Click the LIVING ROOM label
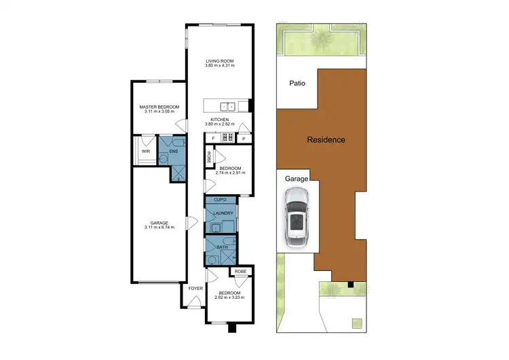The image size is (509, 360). (x=219, y=62)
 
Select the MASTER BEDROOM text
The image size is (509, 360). (x=159, y=107)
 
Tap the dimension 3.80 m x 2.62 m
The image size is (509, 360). (x=219, y=124)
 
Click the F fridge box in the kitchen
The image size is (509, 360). (x=213, y=139)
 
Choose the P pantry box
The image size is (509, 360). (x=244, y=139)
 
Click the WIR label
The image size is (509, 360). (x=145, y=152)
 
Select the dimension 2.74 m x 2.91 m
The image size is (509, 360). (x=229, y=173)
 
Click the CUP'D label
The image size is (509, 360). (x=220, y=200)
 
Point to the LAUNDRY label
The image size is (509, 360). (x=223, y=214)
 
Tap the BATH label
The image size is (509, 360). (x=222, y=247)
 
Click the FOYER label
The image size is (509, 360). (x=195, y=288)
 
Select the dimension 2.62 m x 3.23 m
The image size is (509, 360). (x=229, y=297)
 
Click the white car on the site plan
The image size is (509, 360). (x=297, y=217)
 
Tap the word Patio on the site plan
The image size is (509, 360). (x=297, y=84)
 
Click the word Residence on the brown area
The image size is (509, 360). (x=326, y=140)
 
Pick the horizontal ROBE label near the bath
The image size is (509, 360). (x=240, y=272)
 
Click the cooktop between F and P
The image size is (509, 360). (x=229, y=139)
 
